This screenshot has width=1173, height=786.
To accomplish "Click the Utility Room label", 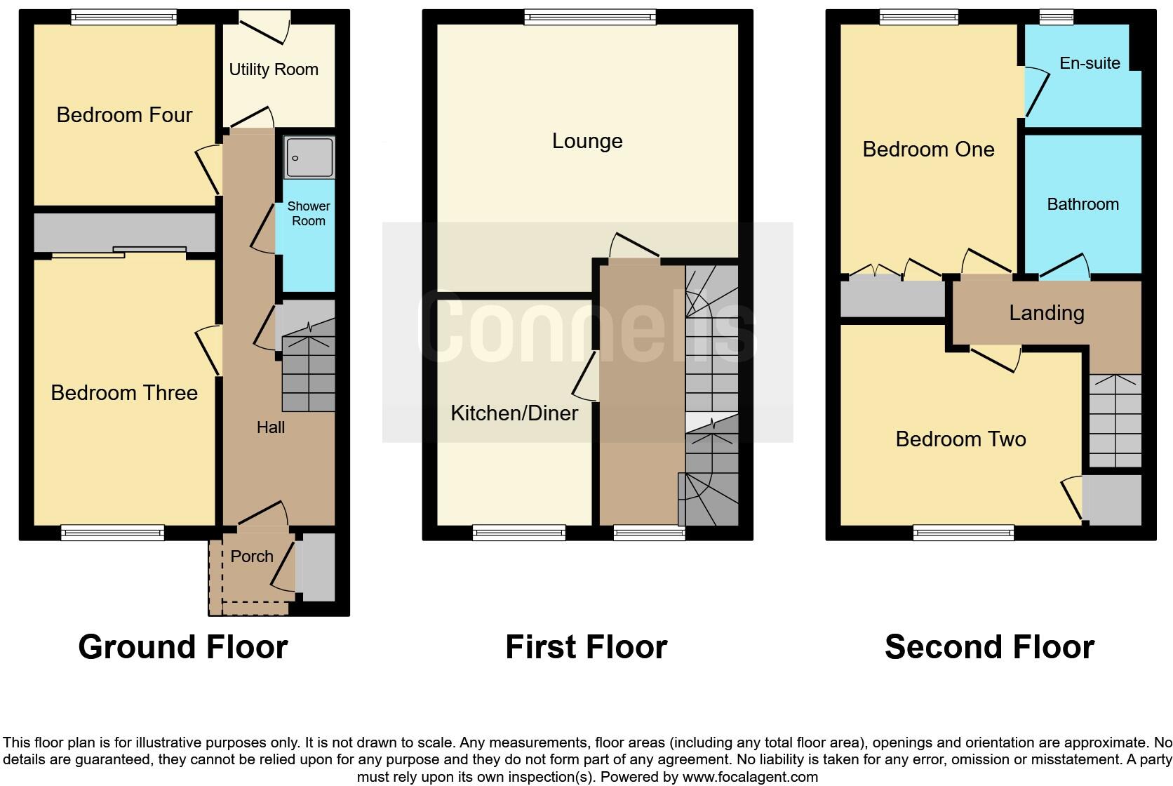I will [274, 69].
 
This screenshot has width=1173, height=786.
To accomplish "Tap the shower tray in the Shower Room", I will [309, 157].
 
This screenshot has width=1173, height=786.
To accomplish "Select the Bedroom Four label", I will [124, 115].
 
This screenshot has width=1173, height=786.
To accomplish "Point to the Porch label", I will [252, 557].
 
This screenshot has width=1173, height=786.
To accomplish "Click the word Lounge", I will [587, 141].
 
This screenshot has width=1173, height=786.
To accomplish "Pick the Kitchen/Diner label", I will [514, 413].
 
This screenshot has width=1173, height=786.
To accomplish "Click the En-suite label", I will [1090, 63].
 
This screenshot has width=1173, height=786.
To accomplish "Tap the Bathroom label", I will [1082, 204].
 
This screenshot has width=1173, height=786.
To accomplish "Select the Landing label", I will [1047, 313].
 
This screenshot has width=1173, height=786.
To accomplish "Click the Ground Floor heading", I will [183, 647].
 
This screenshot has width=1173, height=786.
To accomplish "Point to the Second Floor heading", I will [989, 647].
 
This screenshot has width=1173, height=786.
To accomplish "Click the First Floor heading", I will [586, 647].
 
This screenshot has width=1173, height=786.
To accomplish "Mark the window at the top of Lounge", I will [590, 17].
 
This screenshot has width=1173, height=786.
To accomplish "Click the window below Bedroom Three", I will [112, 533].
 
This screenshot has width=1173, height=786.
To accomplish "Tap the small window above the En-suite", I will [1057, 17].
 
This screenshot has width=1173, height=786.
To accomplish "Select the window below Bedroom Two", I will [963, 533].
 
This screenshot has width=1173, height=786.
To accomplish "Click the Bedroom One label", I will [928, 149].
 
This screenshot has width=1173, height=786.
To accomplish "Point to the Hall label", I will [271, 427].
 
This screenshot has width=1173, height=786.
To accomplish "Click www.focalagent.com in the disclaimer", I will [750, 777].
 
